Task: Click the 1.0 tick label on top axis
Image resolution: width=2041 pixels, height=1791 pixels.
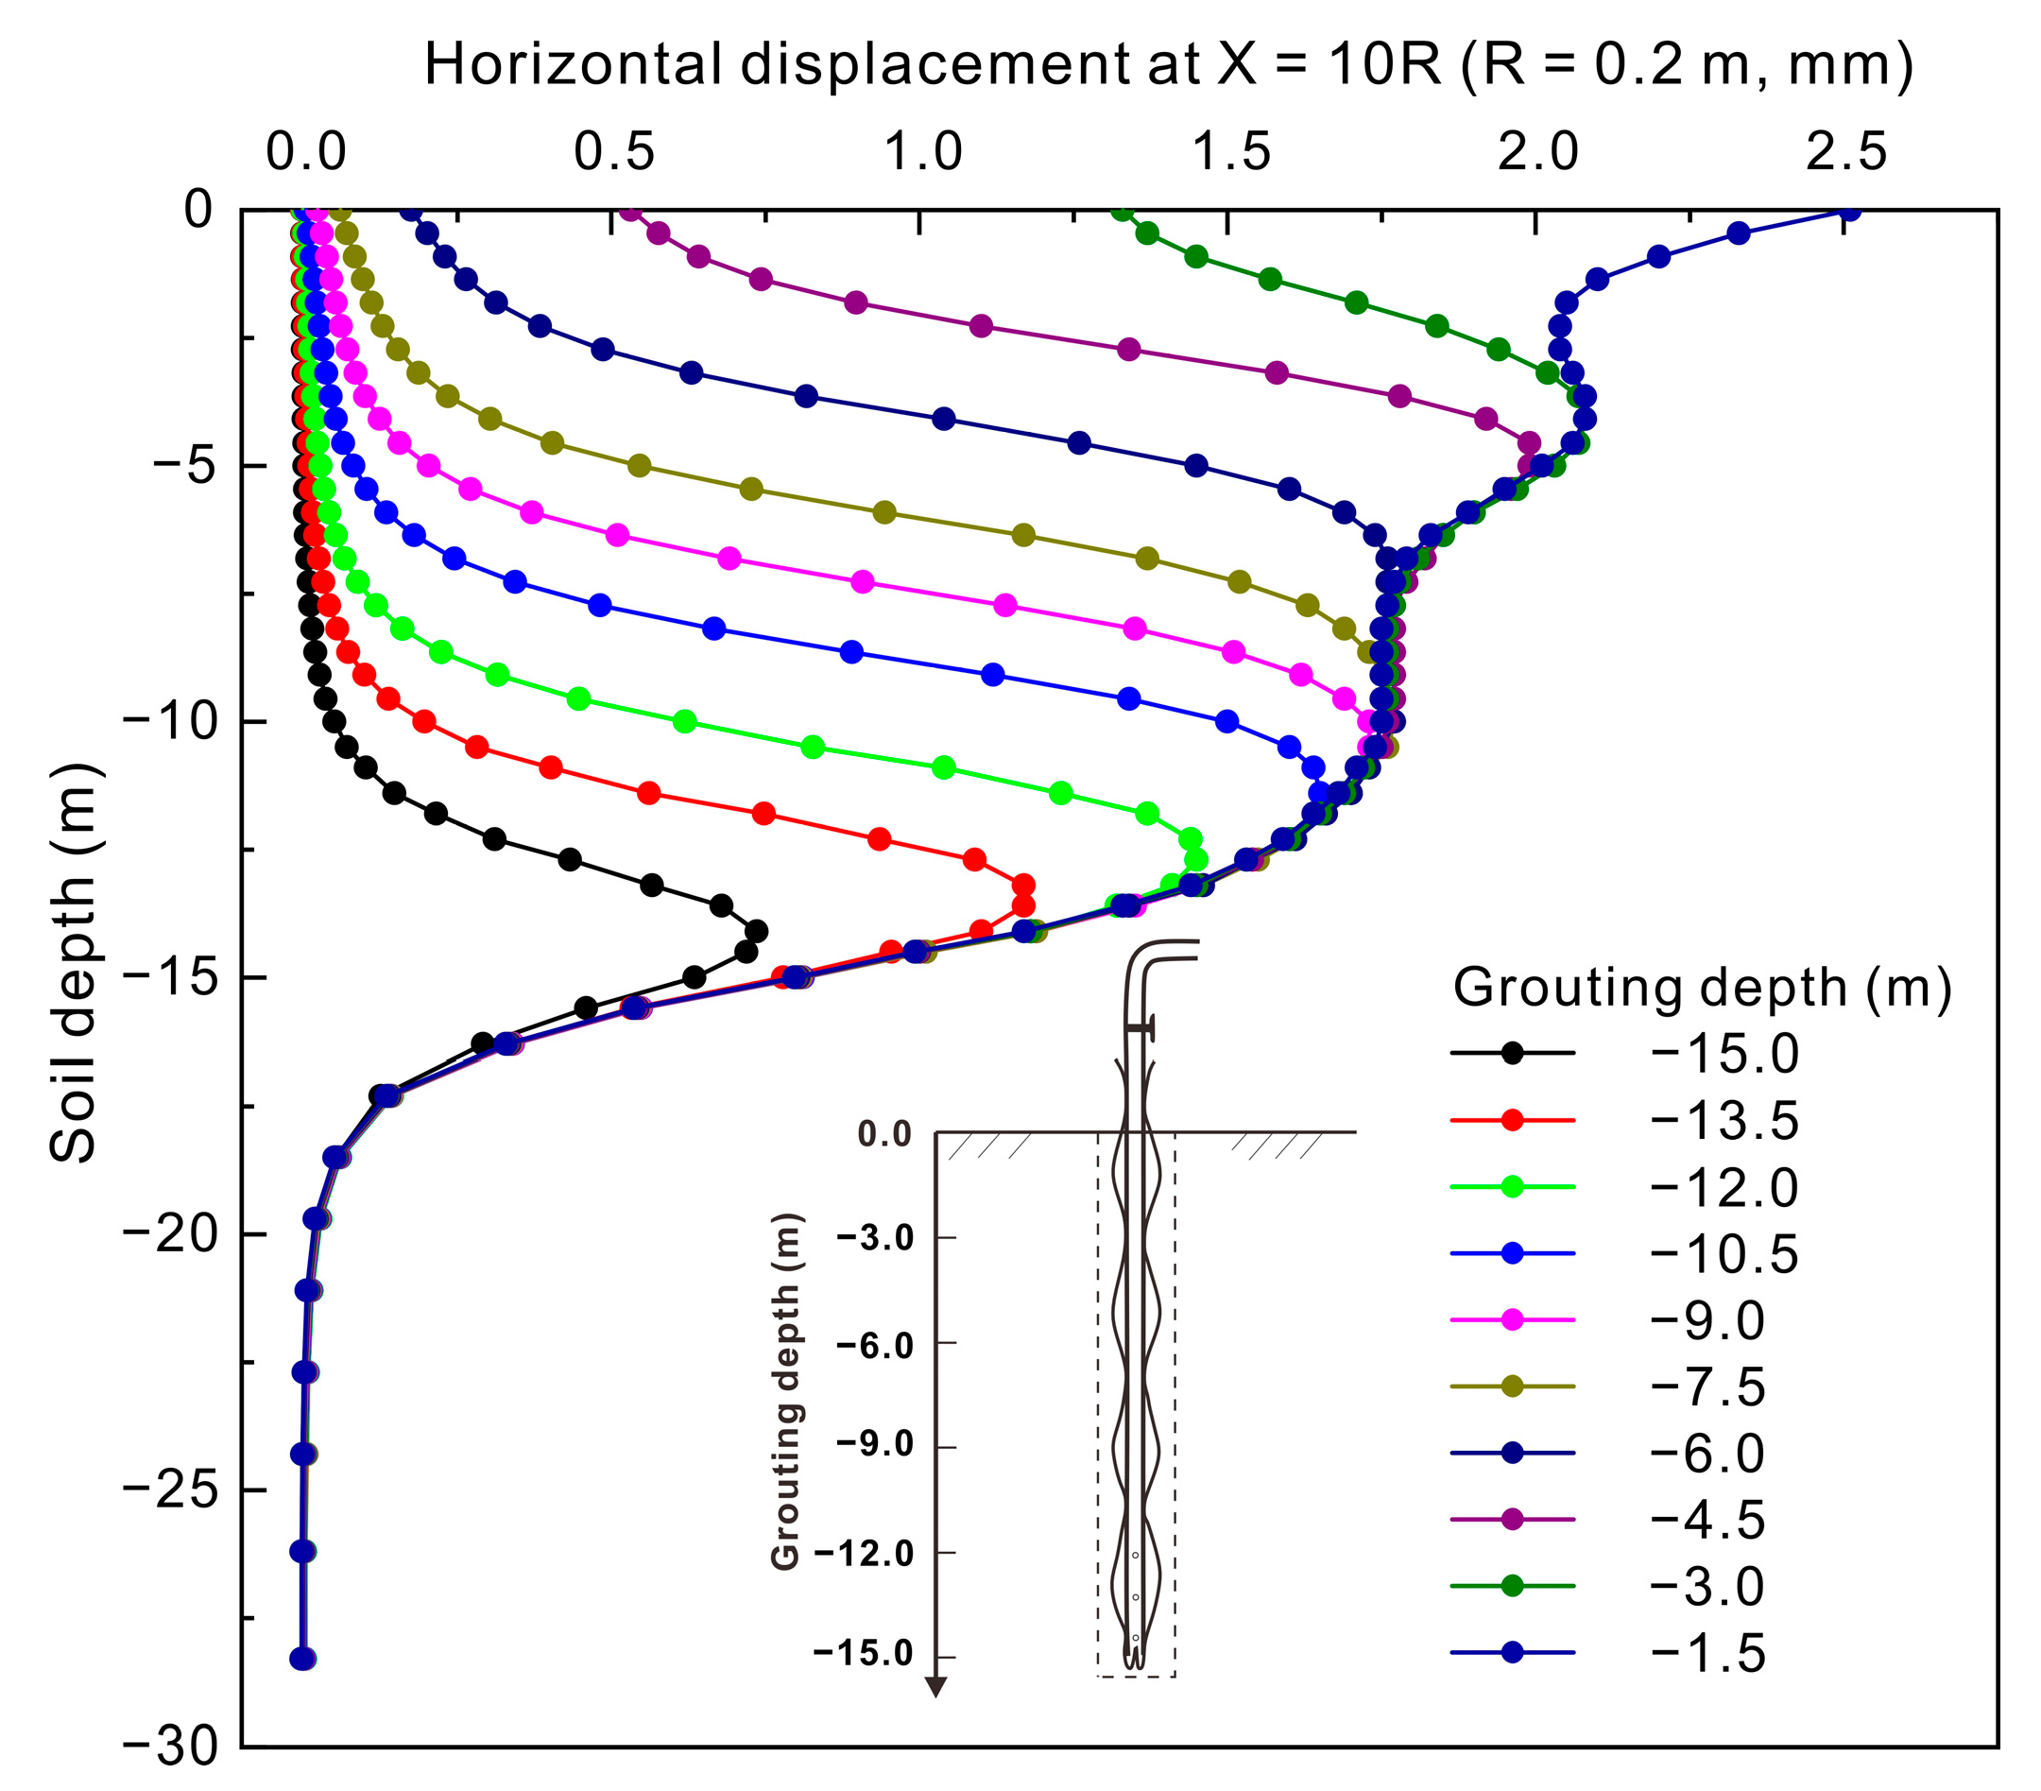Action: tap(923, 153)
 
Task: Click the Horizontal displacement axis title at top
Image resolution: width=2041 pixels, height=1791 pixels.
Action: tap(1168, 66)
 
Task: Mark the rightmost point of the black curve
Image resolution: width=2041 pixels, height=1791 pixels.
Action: tap(757, 931)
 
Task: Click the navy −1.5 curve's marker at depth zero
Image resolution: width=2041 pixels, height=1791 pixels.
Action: tap(1849, 211)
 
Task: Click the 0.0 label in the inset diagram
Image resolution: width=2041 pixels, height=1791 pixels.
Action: tap(884, 1134)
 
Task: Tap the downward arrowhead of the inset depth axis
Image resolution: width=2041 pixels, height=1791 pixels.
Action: tap(935, 1687)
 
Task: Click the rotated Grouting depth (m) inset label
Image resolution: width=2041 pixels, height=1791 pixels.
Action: tap(786, 1391)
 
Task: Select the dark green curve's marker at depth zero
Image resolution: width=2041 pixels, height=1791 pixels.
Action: tap(1123, 211)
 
